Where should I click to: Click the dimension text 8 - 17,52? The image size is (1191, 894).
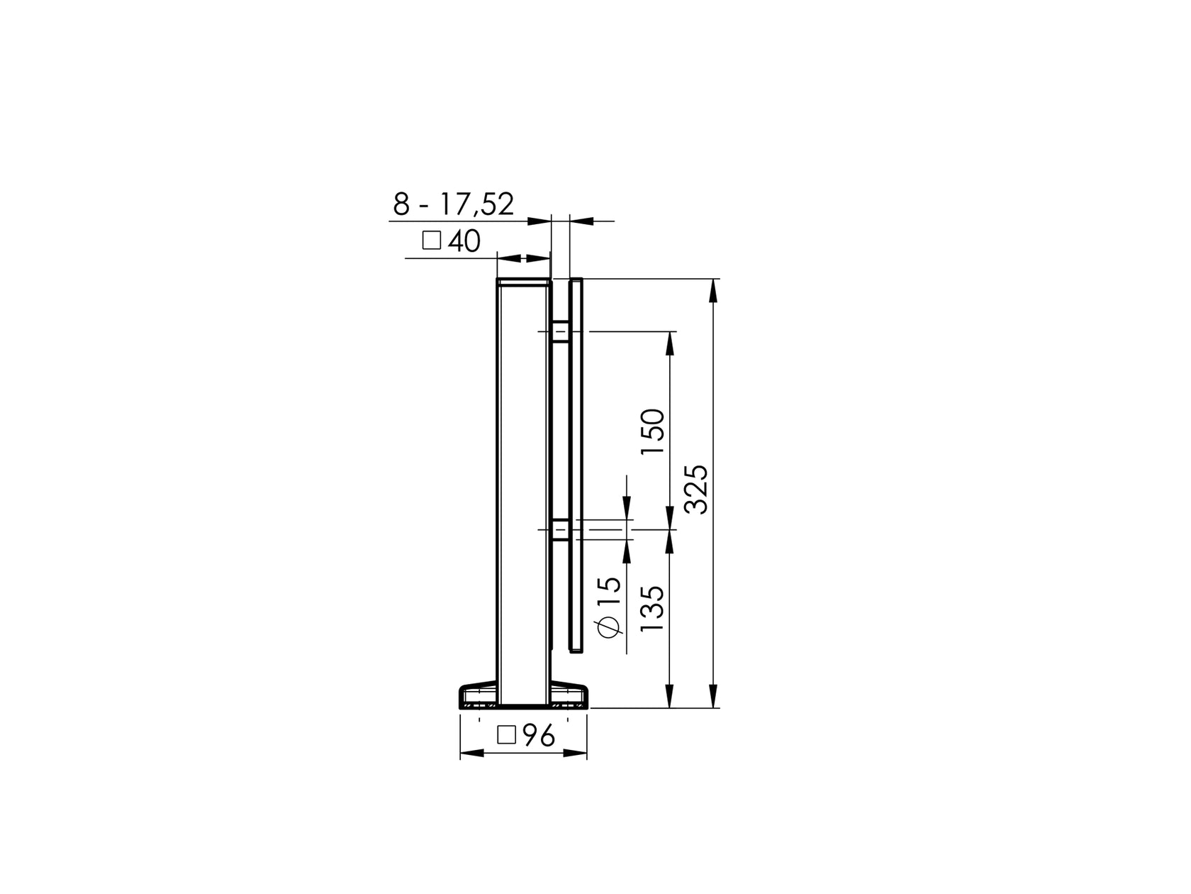click(x=454, y=204)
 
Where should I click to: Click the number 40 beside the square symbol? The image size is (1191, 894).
click(x=464, y=241)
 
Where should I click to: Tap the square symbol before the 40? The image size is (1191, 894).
click(x=431, y=241)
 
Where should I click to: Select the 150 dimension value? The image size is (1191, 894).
click(x=652, y=432)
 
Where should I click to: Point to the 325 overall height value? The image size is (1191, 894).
click(x=696, y=489)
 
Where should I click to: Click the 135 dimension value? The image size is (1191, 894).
click(x=652, y=608)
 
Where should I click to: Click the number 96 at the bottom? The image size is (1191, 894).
click(x=539, y=737)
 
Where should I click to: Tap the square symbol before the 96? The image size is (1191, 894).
click(x=506, y=735)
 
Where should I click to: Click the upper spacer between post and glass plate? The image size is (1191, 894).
click(x=560, y=331)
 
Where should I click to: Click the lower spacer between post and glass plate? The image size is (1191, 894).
click(x=560, y=530)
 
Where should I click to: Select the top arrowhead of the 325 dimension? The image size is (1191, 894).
click(x=714, y=287)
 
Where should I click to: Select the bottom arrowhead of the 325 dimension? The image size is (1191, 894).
click(x=714, y=699)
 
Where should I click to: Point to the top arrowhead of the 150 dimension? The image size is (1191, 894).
click(x=669, y=341)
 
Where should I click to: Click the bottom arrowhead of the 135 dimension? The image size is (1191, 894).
click(x=669, y=699)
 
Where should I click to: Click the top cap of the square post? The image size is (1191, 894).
click(x=524, y=282)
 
